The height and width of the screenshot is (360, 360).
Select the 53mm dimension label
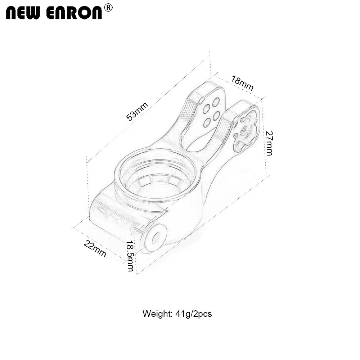coord(137,111)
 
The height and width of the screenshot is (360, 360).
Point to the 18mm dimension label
coord(242,84)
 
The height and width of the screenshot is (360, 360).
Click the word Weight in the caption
coord(157,314)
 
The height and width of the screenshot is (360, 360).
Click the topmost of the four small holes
coord(216,102)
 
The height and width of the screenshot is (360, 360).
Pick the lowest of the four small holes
coord(207,123)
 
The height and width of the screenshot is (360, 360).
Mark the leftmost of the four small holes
coord(207,108)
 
